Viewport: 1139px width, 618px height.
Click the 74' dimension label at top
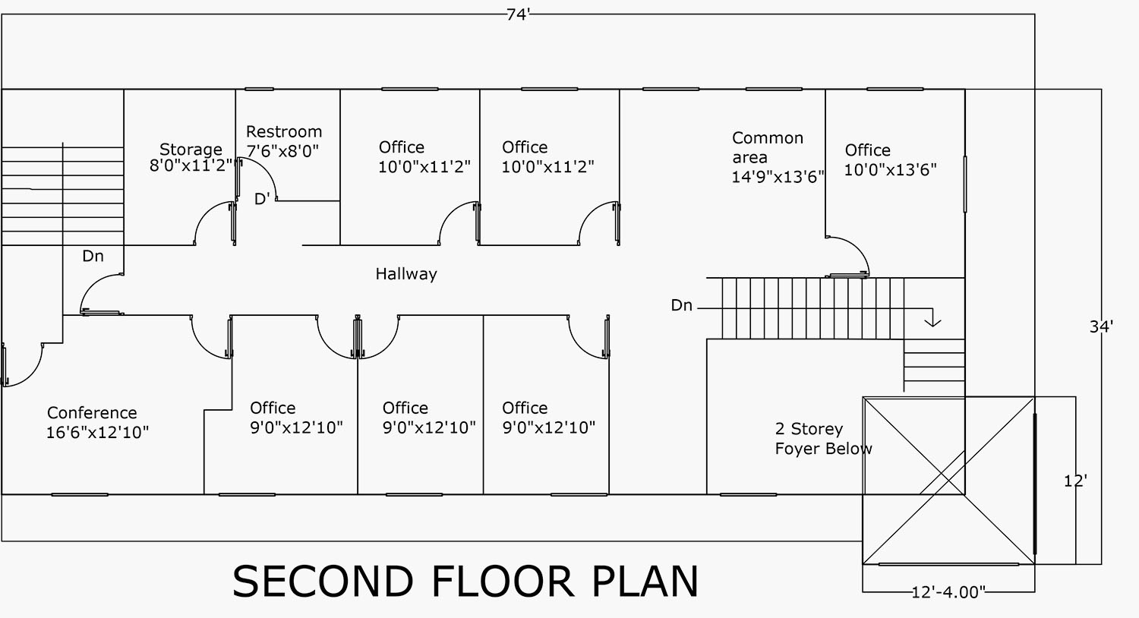click(x=518, y=14)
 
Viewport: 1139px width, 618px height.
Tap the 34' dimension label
click(x=1101, y=326)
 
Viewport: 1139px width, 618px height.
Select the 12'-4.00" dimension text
click(x=948, y=592)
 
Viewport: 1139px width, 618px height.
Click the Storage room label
click(x=191, y=150)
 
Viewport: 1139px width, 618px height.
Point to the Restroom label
click(x=284, y=132)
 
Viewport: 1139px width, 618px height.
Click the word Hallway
click(x=406, y=274)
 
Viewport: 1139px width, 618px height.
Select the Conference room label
click(x=92, y=413)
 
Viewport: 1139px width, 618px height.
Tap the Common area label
click(x=767, y=148)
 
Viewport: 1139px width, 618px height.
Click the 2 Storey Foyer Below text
click(x=823, y=439)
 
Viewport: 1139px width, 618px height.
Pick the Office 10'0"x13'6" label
click(x=890, y=159)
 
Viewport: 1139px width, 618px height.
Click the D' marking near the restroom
click(x=262, y=200)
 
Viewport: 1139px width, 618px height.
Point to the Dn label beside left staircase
click(x=93, y=257)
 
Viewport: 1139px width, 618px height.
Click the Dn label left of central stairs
click(x=681, y=305)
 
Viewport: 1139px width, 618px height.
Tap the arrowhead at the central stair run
click(x=932, y=322)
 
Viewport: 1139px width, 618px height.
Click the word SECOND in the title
click(x=323, y=582)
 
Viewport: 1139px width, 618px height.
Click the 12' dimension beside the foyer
click(x=1074, y=481)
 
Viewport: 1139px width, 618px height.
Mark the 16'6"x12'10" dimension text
click(x=97, y=433)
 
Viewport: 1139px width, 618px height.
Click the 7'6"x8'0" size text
click(x=282, y=151)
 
